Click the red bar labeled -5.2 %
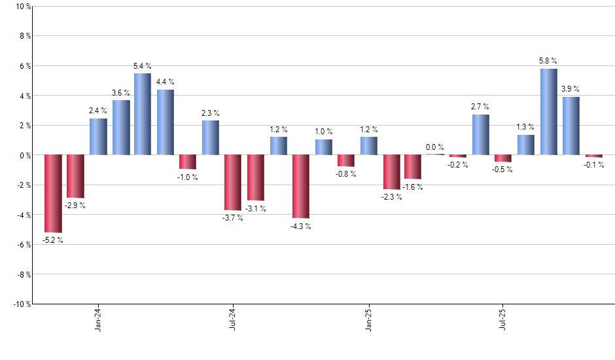53,193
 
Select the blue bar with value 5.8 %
549,112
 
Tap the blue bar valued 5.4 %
143,114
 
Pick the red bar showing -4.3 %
300,187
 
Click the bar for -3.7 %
233,183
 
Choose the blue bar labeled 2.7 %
481,135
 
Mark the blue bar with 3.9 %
571,126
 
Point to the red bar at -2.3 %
391,172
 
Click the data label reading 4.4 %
166,82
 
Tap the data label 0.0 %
435,147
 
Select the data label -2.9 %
75,206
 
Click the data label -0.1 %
594,165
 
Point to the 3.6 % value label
121,92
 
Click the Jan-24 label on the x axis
98,319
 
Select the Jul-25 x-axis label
502,319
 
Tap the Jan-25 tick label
368,319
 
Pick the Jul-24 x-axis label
233,319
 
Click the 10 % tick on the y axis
22,7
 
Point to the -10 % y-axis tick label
20,304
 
